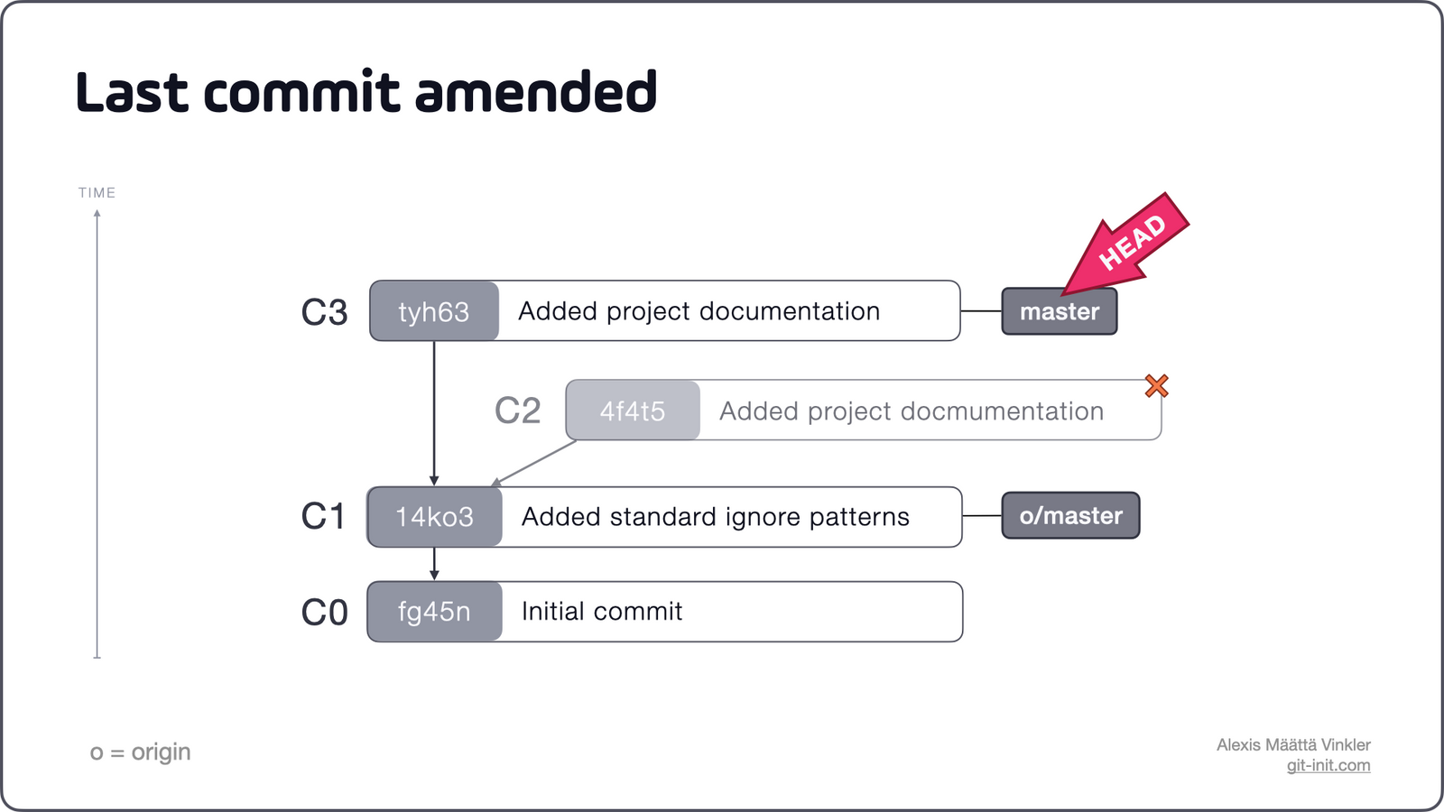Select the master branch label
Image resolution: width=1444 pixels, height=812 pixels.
click(x=1060, y=311)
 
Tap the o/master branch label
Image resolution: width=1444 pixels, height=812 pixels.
click(x=1070, y=516)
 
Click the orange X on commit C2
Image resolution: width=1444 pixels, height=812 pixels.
click(x=1156, y=386)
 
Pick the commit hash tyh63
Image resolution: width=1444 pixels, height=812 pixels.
click(x=434, y=311)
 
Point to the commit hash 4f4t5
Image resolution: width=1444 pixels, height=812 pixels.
click(x=633, y=411)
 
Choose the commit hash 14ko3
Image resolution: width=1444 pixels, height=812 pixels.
click(x=434, y=517)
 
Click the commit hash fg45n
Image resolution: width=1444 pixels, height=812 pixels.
click(x=434, y=612)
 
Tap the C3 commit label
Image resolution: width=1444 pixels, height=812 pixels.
click(x=324, y=312)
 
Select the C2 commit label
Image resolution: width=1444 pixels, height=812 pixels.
click(x=517, y=411)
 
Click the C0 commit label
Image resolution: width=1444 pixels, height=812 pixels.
click(x=324, y=613)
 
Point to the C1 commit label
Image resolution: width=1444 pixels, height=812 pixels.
click(x=322, y=517)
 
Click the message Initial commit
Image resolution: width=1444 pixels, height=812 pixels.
click(x=602, y=612)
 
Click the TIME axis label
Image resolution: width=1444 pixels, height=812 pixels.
click(x=97, y=193)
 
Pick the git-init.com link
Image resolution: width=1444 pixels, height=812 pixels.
click(x=1328, y=765)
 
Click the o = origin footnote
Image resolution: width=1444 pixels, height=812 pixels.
click(x=140, y=752)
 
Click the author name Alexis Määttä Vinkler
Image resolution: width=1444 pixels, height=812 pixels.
click(x=1292, y=744)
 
